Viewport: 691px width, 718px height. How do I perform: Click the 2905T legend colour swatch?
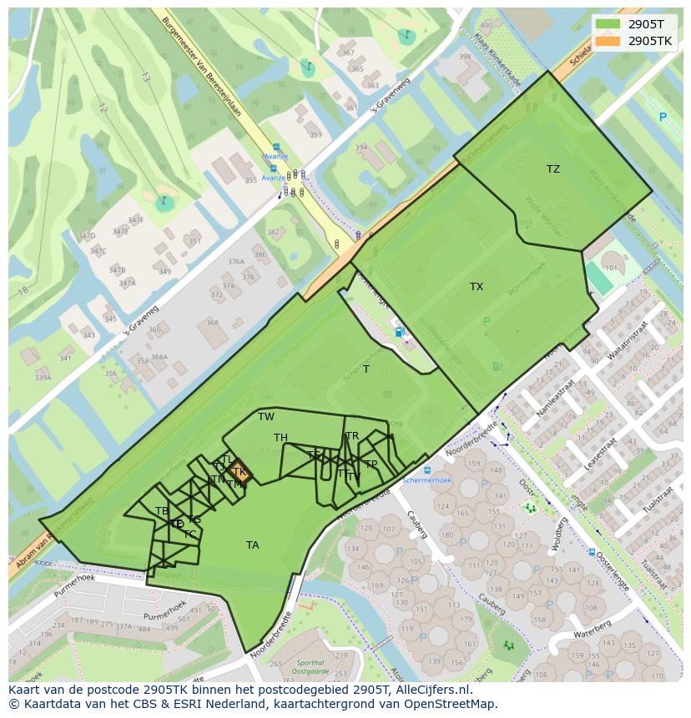tap(608, 24)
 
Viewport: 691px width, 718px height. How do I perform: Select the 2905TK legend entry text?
tap(650, 41)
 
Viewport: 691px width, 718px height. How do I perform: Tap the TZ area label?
tap(553, 169)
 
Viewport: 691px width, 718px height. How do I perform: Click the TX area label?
tap(477, 287)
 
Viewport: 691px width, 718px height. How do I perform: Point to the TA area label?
tap(252, 545)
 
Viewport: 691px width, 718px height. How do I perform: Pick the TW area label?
tap(266, 417)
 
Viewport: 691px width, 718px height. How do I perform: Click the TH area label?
tap(280, 438)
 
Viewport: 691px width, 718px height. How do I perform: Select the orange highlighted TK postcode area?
tap(240, 472)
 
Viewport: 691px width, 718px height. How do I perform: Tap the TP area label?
tap(371, 464)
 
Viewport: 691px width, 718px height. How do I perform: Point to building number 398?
tap(465, 58)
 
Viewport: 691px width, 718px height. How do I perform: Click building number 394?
tap(361, 148)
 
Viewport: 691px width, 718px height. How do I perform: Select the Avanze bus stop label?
tap(275, 156)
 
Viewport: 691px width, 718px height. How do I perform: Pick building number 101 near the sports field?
tap(611, 269)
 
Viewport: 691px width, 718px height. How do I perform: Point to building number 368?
tap(212, 323)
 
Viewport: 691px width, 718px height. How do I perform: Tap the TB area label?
tap(162, 511)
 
